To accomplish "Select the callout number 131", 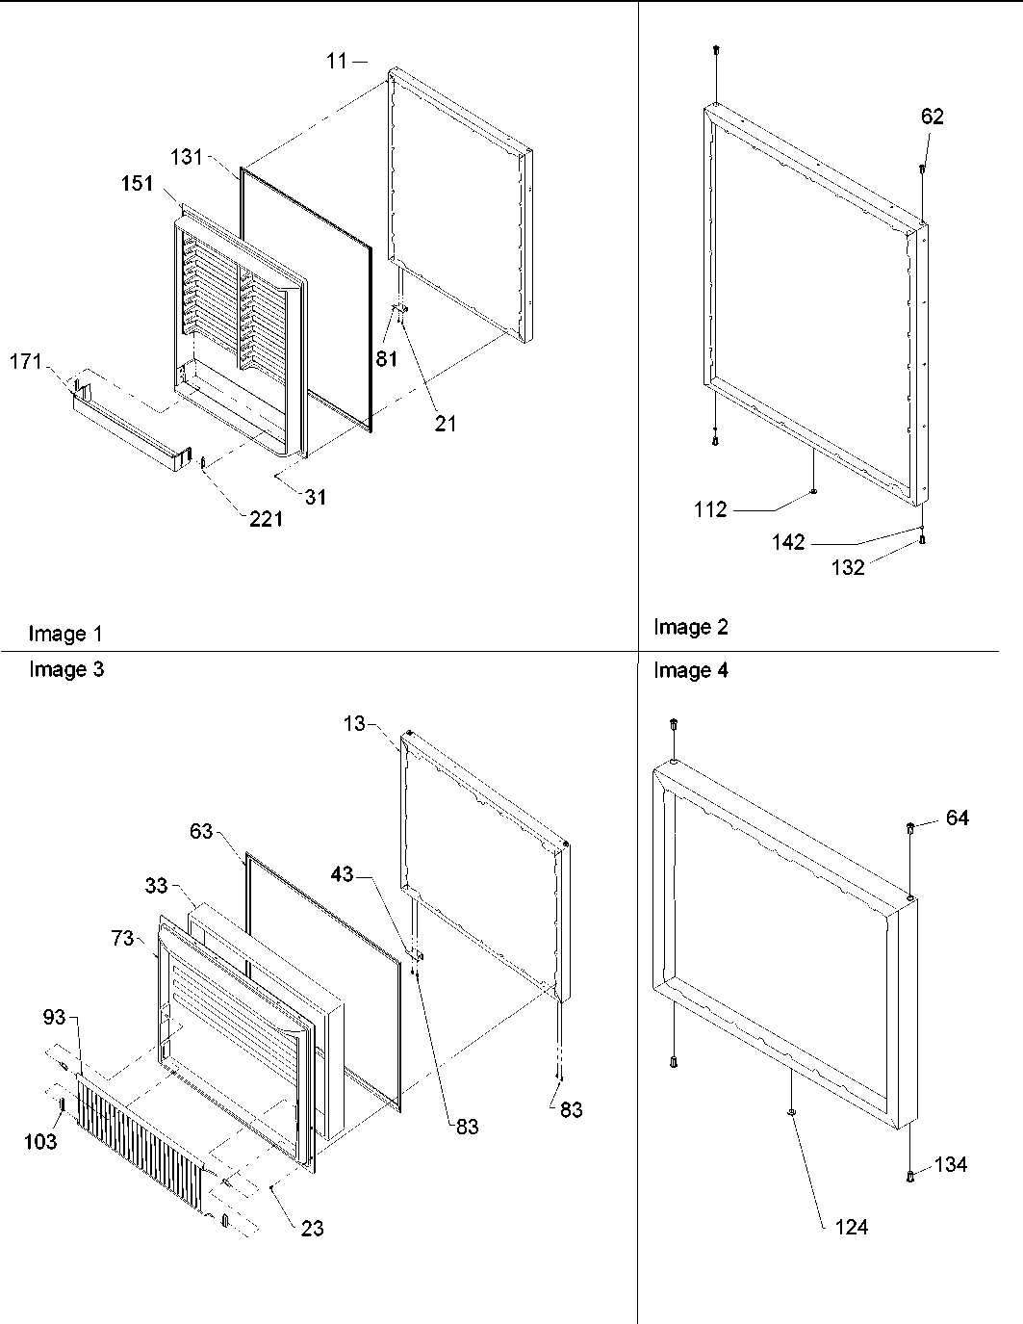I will (187, 157).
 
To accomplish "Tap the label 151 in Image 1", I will (138, 183).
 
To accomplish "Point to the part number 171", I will (26, 363).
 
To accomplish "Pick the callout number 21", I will (445, 423).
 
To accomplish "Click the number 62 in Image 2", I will (932, 117).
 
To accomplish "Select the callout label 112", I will (710, 509).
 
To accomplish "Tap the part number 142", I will (787, 543).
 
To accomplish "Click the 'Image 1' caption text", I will (65, 634).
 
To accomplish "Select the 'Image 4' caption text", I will (691, 671).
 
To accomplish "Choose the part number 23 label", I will (312, 1228).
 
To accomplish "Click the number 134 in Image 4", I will (951, 1164).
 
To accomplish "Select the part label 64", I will (957, 818).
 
